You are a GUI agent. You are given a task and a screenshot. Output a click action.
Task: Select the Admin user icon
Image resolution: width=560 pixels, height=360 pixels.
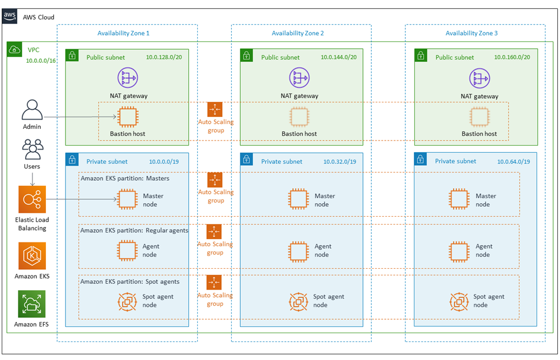(32, 110)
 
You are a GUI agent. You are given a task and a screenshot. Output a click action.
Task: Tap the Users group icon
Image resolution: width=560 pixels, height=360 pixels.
(32, 149)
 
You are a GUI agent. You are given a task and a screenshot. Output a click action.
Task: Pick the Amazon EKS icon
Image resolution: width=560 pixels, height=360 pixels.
(32, 256)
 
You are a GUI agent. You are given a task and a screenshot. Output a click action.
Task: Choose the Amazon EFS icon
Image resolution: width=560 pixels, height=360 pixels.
(32, 304)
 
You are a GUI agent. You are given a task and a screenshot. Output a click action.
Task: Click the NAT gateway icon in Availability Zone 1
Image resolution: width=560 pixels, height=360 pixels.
(128, 78)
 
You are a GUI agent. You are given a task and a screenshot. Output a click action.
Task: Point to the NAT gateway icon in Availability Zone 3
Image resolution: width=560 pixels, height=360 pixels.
(479, 78)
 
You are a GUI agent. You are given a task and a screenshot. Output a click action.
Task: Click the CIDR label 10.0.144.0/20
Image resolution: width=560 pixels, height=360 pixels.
(338, 57)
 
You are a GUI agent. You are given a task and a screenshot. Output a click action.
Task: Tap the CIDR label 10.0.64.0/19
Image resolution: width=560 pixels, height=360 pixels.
(514, 162)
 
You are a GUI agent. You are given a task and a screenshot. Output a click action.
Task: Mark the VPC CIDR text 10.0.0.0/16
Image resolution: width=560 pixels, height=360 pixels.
(41, 60)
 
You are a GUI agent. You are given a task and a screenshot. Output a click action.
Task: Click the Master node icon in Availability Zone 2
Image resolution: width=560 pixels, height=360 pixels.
(298, 199)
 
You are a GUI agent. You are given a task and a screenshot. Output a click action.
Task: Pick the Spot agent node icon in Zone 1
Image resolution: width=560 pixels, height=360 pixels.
(127, 301)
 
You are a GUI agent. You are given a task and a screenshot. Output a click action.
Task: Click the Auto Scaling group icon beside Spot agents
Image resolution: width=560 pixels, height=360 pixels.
(214, 282)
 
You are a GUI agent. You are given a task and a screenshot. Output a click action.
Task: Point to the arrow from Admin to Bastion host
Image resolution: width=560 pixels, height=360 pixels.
(78, 117)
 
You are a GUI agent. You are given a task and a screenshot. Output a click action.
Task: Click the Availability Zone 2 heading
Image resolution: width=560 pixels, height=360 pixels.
(297, 33)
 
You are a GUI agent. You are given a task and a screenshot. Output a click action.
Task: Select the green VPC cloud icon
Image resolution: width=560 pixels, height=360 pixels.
(14, 50)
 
